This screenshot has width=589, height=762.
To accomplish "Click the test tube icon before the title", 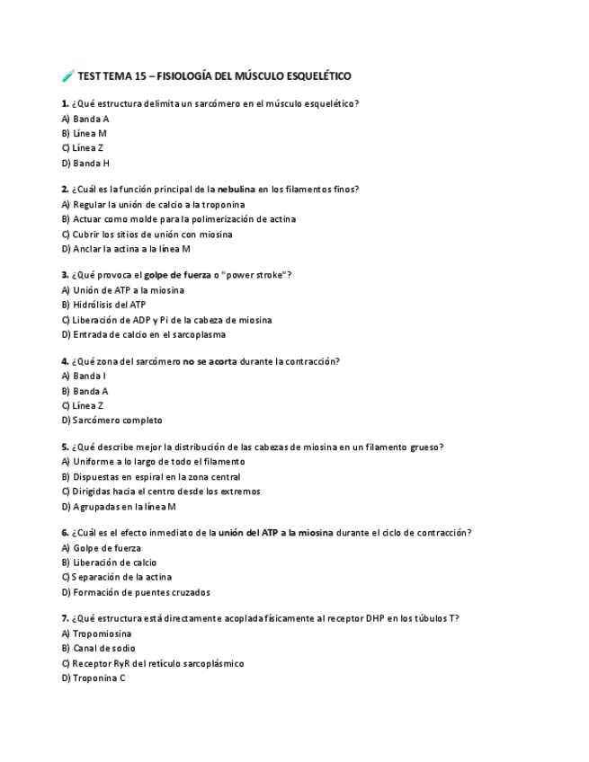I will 67,76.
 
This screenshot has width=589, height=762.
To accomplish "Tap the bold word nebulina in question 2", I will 236,190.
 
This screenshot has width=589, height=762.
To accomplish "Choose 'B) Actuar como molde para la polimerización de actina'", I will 178,219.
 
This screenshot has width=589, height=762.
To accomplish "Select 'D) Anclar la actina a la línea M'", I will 126,249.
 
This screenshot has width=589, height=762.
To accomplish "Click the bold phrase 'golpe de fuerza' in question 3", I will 177,275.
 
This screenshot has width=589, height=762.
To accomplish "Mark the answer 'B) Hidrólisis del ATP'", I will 103,305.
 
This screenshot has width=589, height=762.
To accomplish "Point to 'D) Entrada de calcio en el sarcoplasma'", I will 143,334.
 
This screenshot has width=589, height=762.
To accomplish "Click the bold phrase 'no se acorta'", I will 210,361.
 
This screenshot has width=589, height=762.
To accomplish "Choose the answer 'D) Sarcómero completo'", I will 112,421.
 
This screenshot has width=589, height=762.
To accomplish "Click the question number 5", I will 65,447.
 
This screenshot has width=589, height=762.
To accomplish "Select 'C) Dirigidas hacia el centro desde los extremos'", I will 161,492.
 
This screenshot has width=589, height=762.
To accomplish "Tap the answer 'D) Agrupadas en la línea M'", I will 119,507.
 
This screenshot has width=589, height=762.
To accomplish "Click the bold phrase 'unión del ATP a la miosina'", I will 276,533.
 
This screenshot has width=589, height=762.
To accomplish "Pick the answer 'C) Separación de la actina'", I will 116,577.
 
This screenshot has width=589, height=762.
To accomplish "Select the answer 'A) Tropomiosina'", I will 96,634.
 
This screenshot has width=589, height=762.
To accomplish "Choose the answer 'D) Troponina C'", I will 94,678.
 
